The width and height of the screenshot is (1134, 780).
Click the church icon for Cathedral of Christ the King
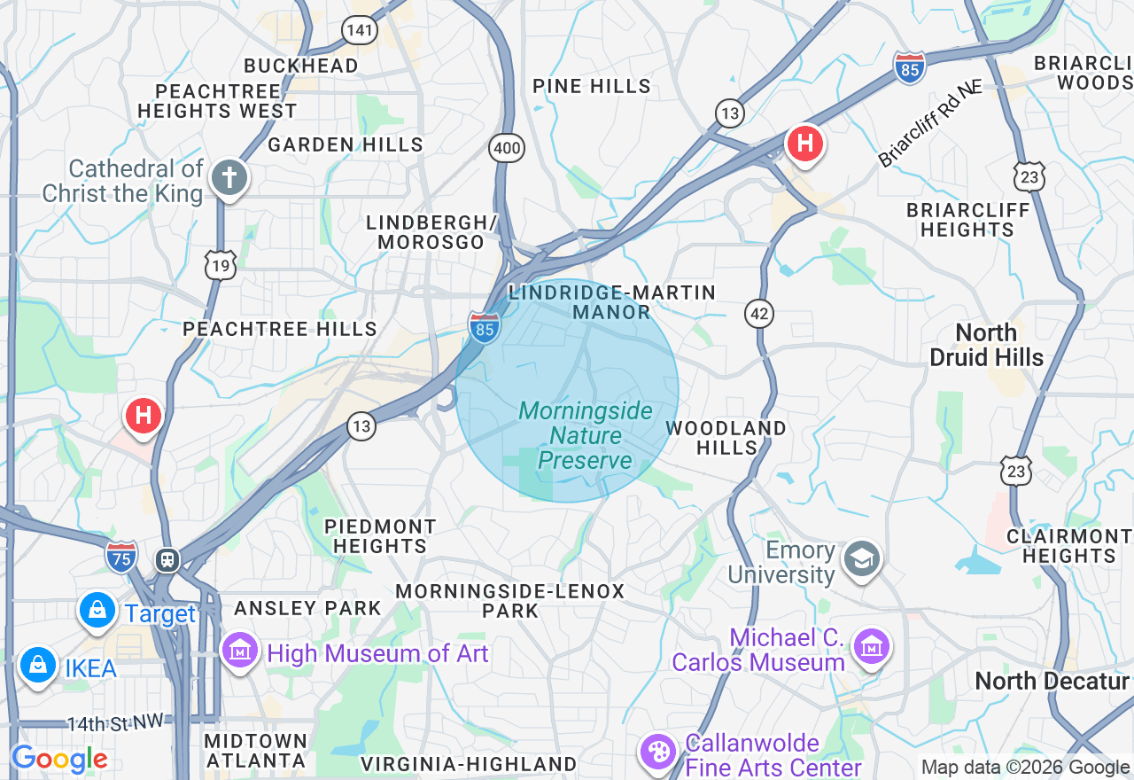point(229,178)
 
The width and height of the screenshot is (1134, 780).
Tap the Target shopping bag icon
point(97,610)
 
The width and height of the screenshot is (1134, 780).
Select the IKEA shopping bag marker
point(38,664)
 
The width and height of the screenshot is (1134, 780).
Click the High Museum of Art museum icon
point(239,651)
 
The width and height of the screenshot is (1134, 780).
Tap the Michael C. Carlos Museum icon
point(871,647)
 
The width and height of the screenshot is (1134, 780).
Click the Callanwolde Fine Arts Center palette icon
point(658,753)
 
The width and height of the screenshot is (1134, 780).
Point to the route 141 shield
point(361,30)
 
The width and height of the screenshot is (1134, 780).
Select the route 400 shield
point(507,148)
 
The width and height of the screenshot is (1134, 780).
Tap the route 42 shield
point(759,313)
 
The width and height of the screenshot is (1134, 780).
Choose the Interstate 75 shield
point(121,557)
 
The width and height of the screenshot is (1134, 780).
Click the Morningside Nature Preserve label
point(585,435)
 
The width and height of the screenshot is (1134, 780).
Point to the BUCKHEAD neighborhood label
point(301,66)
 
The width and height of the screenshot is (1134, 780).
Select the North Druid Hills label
point(987,345)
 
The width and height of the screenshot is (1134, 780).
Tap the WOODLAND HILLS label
point(726,438)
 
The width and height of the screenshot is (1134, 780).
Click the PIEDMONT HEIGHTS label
point(380,536)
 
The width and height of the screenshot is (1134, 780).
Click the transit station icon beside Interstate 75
point(166,559)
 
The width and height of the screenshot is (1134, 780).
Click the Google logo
point(59,759)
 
